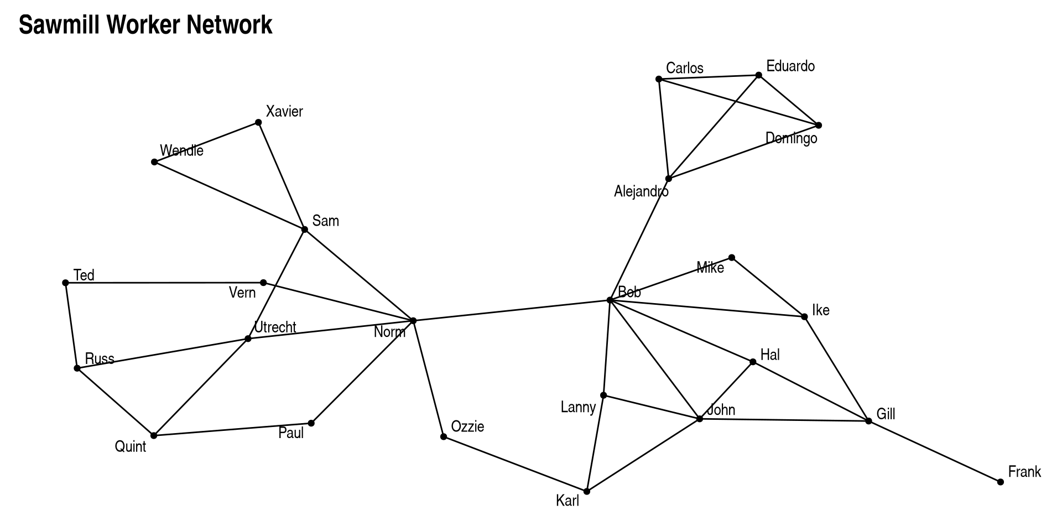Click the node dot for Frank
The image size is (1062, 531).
(1000, 482)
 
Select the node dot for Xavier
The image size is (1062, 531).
(258, 122)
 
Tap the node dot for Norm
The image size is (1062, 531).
(413, 320)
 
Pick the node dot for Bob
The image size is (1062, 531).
(610, 300)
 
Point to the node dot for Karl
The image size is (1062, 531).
(587, 491)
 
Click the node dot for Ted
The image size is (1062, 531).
(65, 283)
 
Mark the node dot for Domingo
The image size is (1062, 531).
(819, 125)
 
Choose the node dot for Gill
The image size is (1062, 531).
(868, 421)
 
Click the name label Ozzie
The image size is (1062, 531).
(467, 426)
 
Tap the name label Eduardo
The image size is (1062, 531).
(790, 66)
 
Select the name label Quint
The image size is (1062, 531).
(131, 446)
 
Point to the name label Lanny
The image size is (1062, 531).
(578, 408)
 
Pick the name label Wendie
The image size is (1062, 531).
(181, 150)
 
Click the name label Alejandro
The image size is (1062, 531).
(641, 191)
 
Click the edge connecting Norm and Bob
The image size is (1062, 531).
(512, 310)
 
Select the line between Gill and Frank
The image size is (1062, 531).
(934, 451)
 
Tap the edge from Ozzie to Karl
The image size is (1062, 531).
(515, 464)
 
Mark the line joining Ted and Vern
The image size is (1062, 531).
(164, 283)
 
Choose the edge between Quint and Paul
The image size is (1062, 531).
(232, 429)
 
